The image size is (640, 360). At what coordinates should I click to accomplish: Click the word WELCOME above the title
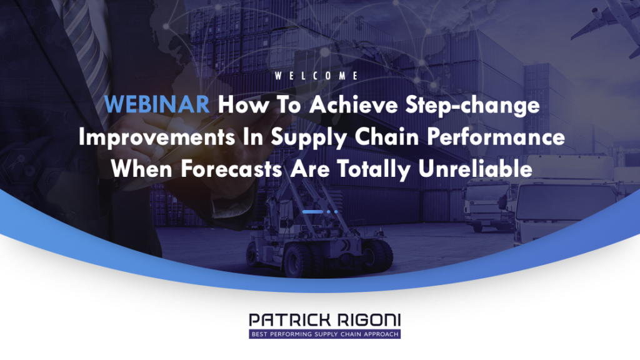pos(316,76)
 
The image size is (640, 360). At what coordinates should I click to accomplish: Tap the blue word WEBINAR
pos(157,104)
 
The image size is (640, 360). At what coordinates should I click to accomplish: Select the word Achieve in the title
pos(354,104)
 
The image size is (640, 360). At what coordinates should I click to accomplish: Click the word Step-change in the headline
pos(472,106)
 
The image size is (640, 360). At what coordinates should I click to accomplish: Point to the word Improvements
pos(157,137)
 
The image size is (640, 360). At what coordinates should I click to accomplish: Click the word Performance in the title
pos(496,137)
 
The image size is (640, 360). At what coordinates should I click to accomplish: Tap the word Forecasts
pos(231,169)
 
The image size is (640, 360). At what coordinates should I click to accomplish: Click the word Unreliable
pos(476,169)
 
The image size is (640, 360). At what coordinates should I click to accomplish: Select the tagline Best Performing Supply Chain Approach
pos(325,334)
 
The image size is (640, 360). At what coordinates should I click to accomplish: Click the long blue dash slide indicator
pos(312,212)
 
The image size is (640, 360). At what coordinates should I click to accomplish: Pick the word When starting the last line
pos(142,169)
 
